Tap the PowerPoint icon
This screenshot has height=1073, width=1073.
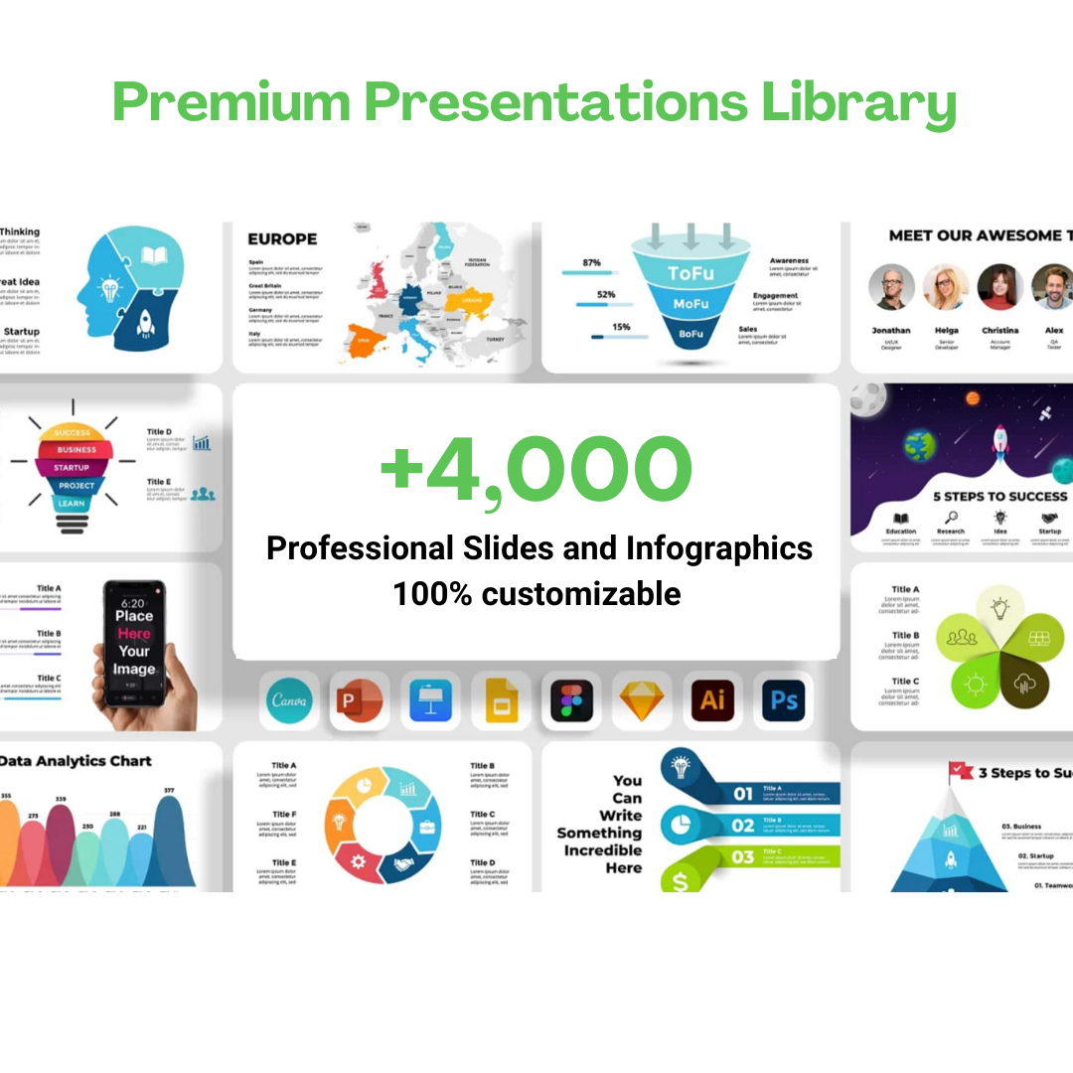[360, 700]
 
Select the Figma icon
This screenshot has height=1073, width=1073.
[571, 700]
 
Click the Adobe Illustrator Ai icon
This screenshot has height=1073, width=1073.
[712, 700]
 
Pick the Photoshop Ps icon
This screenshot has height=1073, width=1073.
[784, 700]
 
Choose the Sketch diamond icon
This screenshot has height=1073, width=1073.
[642, 700]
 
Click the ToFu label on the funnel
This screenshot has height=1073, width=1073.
[690, 273]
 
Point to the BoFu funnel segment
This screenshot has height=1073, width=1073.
[690, 335]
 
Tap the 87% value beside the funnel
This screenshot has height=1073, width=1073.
[592, 262]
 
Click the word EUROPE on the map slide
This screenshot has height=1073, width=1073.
[282, 238]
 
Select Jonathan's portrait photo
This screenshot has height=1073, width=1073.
[891, 288]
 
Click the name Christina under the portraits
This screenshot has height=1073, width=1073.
[999, 330]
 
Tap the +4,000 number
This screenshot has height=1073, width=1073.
[536, 470]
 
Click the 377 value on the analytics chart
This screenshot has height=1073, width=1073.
[168, 790]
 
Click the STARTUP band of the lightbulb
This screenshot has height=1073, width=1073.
[72, 467]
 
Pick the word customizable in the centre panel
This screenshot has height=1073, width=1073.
[581, 594]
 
